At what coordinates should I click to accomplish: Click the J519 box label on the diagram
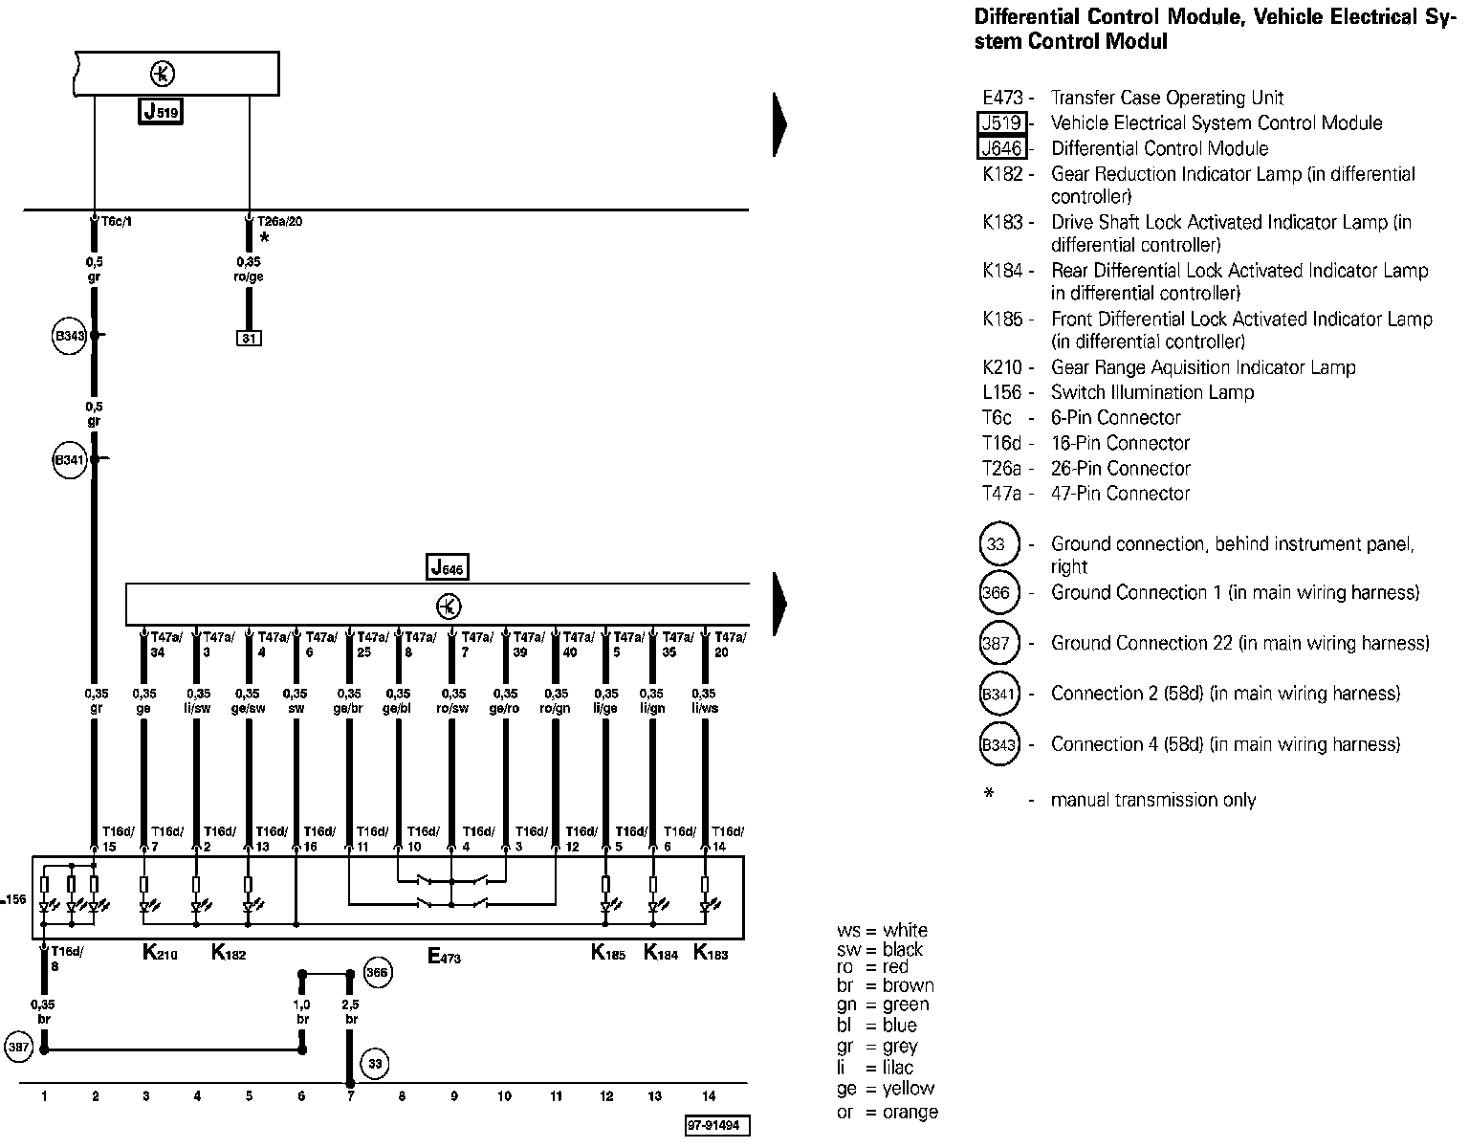tap(161, 112)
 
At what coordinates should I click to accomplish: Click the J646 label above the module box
tap(447, 567)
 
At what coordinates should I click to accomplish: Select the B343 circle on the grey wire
tap(70, 336)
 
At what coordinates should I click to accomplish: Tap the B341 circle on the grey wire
tap(70, 460)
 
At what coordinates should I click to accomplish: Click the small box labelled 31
tap(249, 338)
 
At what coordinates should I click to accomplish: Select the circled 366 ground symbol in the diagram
tap(378, 974)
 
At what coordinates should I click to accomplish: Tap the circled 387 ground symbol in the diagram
tap(19, 1048)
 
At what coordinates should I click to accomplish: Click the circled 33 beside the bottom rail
tap(375, 1063)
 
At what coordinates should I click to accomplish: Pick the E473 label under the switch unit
tap(444, 954)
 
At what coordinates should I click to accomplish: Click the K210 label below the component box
tap(159, 953)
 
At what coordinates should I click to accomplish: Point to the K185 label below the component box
tap(608, 953)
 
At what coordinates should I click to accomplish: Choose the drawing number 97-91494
tap(717, 1126)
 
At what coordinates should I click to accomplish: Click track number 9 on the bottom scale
tap(452, 1096)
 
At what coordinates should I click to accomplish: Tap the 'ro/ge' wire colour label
tap(250, 277)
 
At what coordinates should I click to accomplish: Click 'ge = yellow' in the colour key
tap(886, 1089)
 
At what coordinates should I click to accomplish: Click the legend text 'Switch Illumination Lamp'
tap(1151, 392)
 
